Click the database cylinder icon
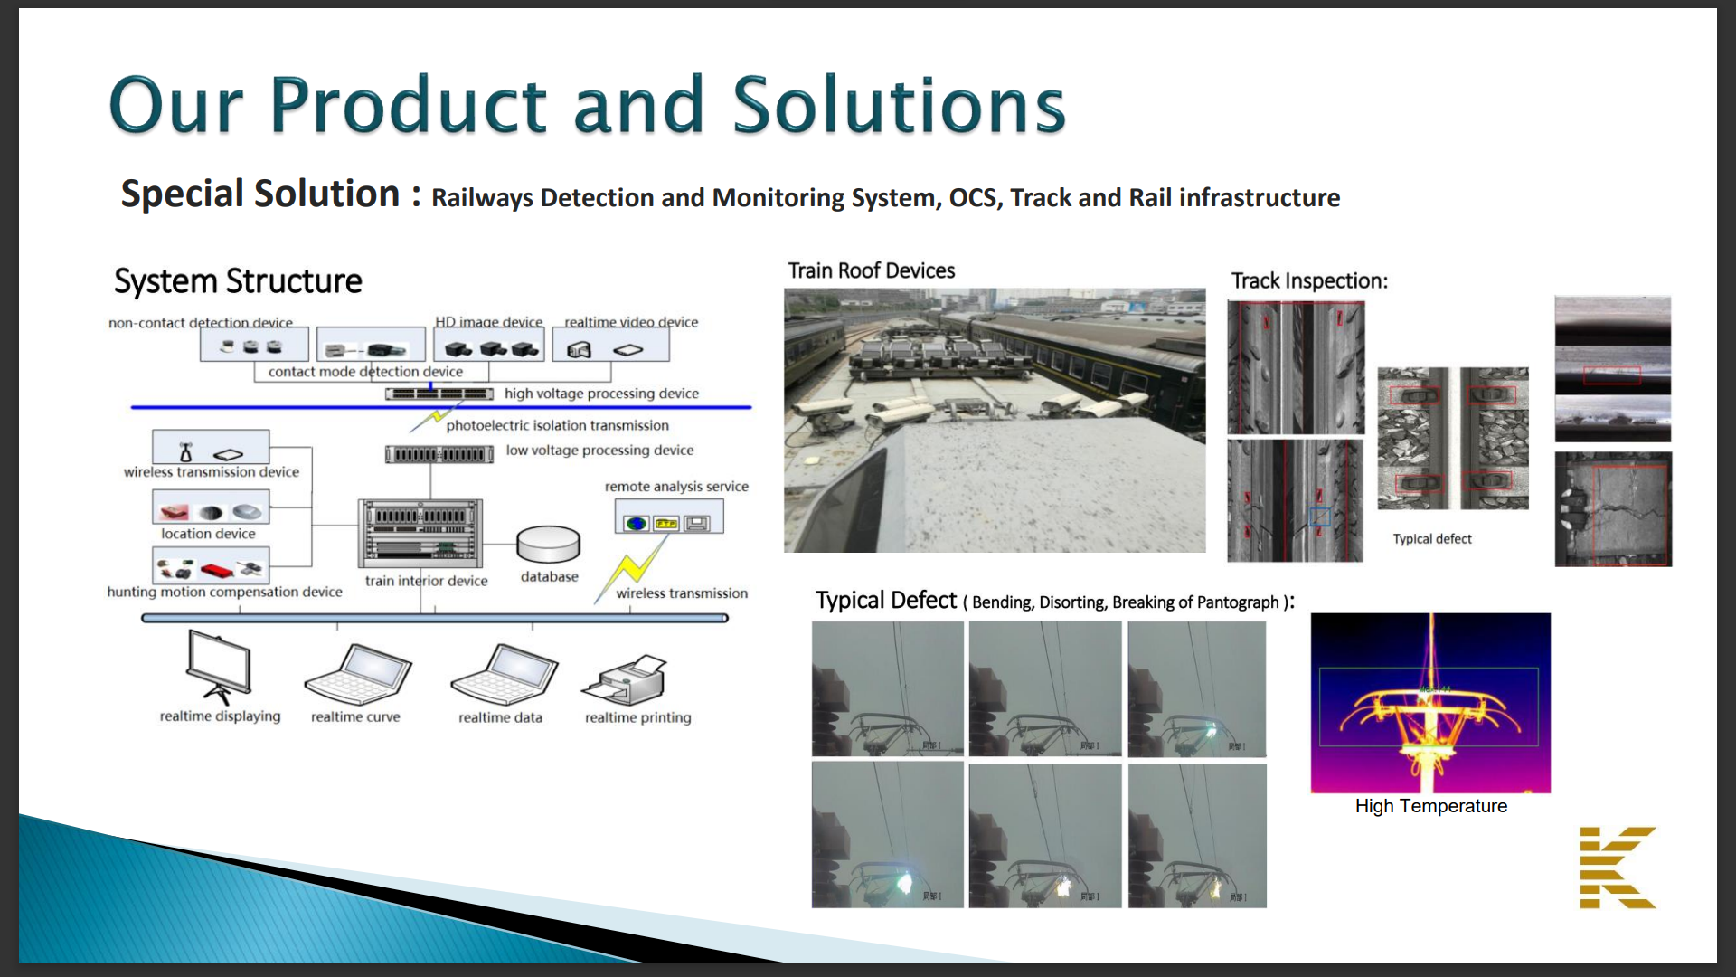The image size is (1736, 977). coord(548,545)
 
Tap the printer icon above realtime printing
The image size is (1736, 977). coord(626,680)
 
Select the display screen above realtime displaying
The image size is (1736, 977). coord(219,666)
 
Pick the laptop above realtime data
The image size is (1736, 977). coord(505,675)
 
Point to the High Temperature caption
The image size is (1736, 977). coord(1430,806)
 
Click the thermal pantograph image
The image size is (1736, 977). coord(1430,702)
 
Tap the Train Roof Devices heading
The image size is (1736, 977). coord(871,270)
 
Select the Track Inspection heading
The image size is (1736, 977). coord(1308,280)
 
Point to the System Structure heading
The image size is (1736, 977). coord(238,281)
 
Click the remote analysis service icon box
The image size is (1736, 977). coord(668,517)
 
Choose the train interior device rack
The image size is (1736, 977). coord(420,534)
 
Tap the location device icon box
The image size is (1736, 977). coord(211,507)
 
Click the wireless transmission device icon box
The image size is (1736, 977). coord(211,447)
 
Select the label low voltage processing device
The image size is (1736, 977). coord(599,451)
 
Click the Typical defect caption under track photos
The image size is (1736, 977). coord(1432,539)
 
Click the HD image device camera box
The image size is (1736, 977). coord(489,346)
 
